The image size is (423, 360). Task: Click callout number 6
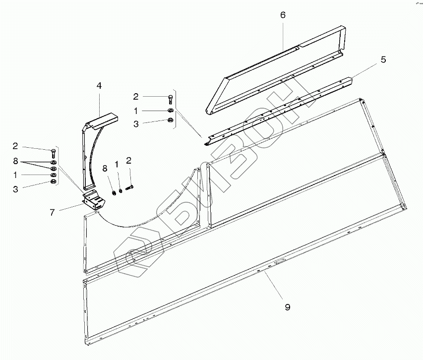[283, 15]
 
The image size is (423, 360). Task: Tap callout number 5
[383, 60]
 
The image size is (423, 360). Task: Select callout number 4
[99, 86]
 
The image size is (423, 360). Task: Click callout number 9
[288, 307]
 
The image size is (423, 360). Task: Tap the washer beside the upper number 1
[171, 110]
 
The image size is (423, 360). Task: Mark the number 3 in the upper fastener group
[136, 124]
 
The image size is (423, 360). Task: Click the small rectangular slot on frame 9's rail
[280, 260]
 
